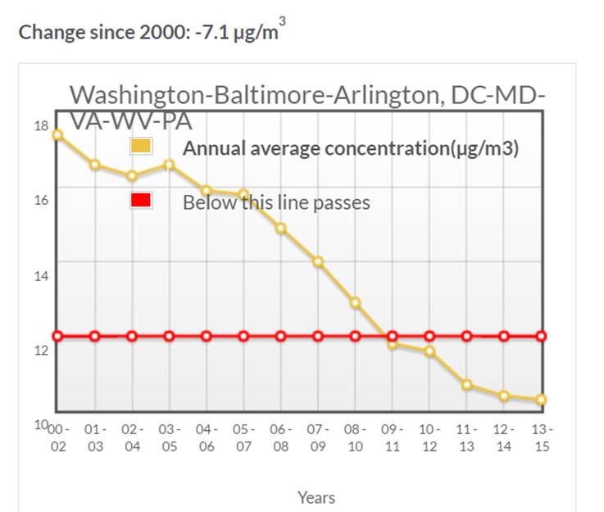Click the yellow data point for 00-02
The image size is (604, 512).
point(57,134)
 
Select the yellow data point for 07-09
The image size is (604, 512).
point(318,262)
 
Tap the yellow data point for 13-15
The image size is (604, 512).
point(541,400)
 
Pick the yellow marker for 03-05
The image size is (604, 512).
point(169,165)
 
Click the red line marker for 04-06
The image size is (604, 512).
point(207,336)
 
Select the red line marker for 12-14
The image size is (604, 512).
point(504,336)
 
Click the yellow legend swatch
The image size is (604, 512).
point(141,147)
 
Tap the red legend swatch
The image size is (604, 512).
point(141,201)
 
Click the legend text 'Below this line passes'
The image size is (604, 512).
point(276,202)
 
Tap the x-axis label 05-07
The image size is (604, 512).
point(243,437)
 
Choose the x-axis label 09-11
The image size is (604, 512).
point(392,437)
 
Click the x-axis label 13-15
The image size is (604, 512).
point(541,437)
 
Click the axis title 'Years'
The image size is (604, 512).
point(316,497)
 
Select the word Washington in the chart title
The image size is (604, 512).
point(139,95)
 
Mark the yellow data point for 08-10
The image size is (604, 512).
point(355,303)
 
